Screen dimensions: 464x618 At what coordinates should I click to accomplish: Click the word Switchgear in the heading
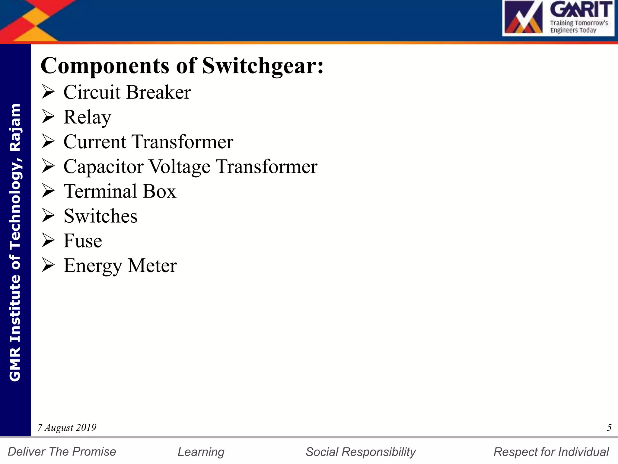(263, 66)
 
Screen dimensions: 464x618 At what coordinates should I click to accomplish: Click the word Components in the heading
(105, 66)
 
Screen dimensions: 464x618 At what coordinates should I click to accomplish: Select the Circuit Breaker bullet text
(127, 92)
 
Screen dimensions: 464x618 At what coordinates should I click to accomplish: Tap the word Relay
(87, 117)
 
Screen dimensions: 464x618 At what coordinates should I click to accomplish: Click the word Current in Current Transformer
(95, 142)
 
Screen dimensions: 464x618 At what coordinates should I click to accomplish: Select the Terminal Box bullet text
(120, 191)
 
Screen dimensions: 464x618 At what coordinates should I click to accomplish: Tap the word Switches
(100, 216)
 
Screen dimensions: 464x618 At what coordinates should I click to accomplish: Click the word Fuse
(83, 241)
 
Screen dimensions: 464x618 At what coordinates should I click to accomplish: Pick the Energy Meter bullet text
(120, 266)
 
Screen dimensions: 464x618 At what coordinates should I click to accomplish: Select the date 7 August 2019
(67, 427)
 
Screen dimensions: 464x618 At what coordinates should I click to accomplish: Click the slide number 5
(609, 427)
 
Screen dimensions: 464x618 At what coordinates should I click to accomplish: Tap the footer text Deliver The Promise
(62, 452)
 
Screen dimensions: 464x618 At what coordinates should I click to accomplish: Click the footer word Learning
(201, 452)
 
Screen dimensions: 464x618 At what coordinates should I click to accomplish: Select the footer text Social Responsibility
(361, 452)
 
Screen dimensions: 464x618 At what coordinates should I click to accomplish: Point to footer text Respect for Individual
(551, 452)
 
